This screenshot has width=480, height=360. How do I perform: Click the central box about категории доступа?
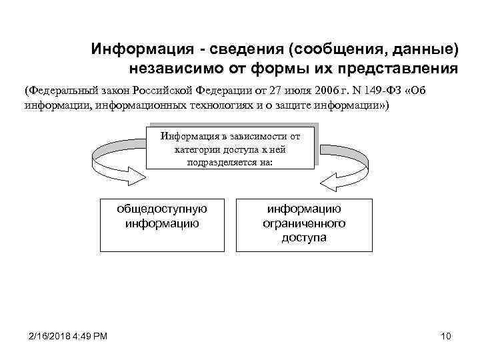point(230,147)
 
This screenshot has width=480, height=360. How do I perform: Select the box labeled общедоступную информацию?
point(162,224)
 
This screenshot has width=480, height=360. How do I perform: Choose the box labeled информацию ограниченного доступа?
point(303,224)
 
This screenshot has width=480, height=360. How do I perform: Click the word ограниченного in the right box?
point(303,223)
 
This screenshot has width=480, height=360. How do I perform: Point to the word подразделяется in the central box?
point(230,162)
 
